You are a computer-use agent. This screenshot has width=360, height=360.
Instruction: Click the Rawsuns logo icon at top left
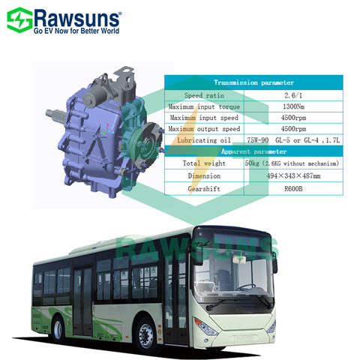[x=21, y=17]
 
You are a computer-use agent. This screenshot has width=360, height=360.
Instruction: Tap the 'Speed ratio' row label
[x=202, y=95]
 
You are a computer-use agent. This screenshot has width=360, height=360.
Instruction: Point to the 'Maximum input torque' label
[x=202, y=106]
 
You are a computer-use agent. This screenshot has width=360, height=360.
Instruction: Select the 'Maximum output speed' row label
[x=202, y=128]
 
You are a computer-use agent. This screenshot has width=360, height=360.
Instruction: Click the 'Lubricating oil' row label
[x=202, y=139]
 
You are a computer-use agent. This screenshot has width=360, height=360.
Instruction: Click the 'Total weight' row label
[x=202, y=163]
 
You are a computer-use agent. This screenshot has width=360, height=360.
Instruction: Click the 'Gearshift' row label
[x=202, y=189]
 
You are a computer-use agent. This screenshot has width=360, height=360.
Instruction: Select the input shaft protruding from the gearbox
[x=57, y=115]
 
